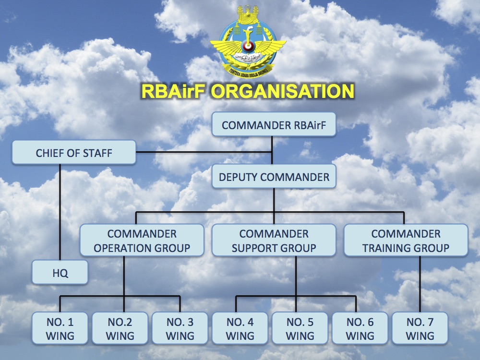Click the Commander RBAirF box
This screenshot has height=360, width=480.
pyautogui.click(x=273, y=125)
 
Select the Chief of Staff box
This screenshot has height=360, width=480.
pyautogui.click(x=74, y=153)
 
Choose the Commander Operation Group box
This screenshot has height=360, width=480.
pyautogui.click(x=142, y=240)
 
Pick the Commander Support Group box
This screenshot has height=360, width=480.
pyautogui.click(x=274, y=240)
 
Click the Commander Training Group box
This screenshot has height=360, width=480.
pyautogui.click(x=406, y=240)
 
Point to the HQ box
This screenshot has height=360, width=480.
pyautogui.click(x=60, y=273)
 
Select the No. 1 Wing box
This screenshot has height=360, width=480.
pyautogui.click(x=60, y=329)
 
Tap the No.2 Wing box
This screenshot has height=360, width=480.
pyautogui.click(x=120, y=329)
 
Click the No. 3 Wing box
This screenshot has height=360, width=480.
pyautogui.click(x=180, y=329)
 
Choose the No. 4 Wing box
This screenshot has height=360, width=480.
pyautogui.click(x=240, y=329)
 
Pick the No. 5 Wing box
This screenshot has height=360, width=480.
pyautogui.click(x=300, y=329)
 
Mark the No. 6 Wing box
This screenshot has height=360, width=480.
pyautogui.click(x=360, y=329)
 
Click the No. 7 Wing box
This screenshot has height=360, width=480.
pyautogui.click(x=420, y=329)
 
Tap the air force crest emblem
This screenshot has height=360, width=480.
pyautogui.click(x=248, y=43)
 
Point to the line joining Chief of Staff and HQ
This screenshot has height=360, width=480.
pyautogui.click(x=60, y=211)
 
